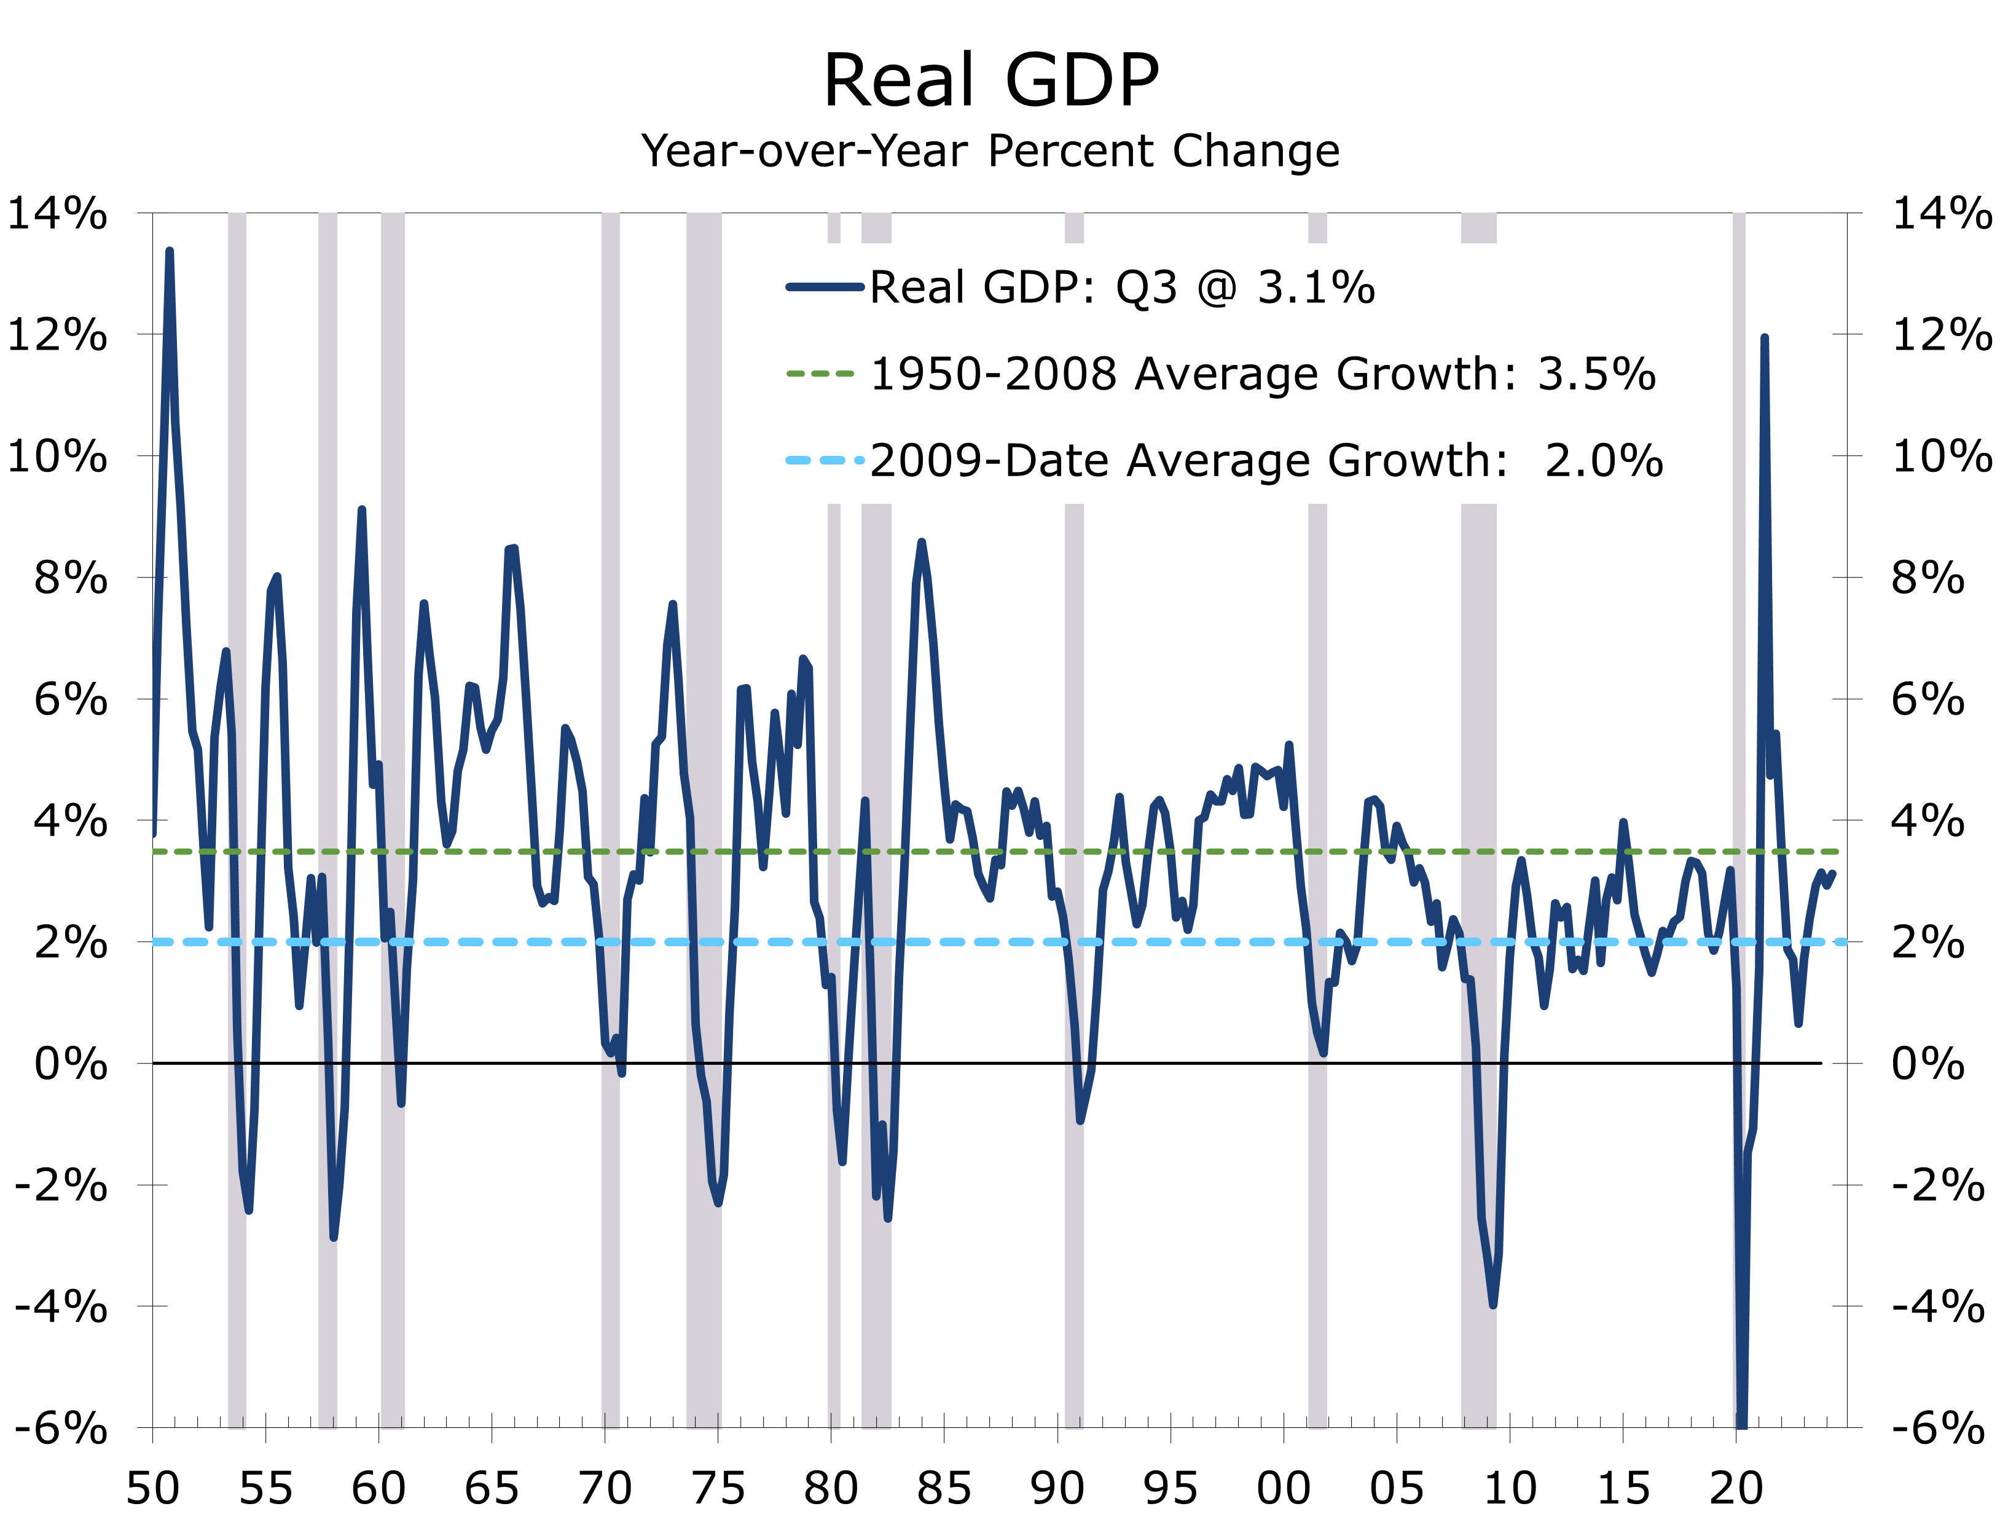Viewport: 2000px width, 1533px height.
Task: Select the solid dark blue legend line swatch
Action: tap(824, 288)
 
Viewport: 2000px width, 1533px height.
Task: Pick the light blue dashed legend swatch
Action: tap(824, 460)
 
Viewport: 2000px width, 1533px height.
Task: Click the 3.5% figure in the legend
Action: tap(1597, 374)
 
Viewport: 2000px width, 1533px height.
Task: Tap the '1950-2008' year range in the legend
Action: tap(994, 374)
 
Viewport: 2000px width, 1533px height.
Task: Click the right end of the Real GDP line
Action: tap(1832, 873)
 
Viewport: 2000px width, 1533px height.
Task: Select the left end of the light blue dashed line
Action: tap(155, 942)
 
